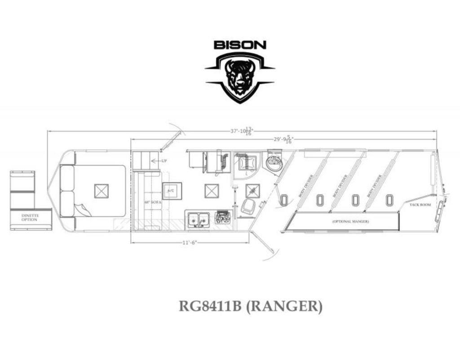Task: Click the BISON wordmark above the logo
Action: (240, 45)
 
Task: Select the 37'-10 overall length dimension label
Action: (242, 131)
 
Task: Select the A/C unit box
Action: (172, 191)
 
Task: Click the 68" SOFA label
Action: (150, 202)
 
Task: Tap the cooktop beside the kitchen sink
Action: (222, 218)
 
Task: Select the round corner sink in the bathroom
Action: (274, 162)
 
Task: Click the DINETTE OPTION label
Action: (30, 217)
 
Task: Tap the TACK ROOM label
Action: (420, 205)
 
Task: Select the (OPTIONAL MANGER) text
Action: (351, 222)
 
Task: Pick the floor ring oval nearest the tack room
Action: (389, 200)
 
